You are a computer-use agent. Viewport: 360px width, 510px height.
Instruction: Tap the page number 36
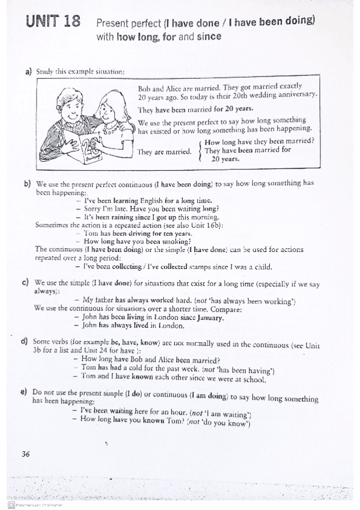(x=25, y=454)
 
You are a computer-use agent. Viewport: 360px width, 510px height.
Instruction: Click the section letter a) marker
(x=28, y=72)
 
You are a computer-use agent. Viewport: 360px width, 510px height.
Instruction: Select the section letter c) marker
(x=25, y=281)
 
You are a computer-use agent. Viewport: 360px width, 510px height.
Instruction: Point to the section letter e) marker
(x=23, y=392)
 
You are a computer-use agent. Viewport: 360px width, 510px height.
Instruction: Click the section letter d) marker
(x=25, y=342)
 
